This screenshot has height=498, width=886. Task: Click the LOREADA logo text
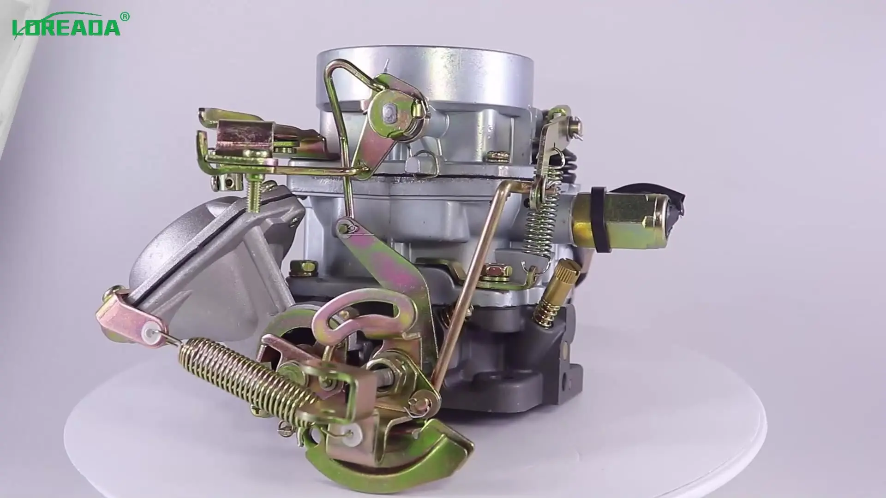pos(66,27)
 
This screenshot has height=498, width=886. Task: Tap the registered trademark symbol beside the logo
pos(125,17)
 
